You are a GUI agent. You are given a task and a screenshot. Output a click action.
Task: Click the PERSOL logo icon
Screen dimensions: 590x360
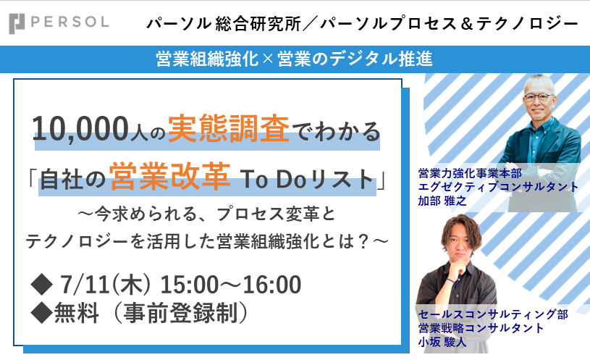tap(17, 23)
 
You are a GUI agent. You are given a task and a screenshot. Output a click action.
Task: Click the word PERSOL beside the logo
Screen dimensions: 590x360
tap(69, 22)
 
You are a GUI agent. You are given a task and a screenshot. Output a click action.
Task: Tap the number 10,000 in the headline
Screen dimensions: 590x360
tap(80, 129)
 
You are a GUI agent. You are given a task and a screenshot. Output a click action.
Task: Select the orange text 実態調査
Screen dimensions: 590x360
tap(229, 128)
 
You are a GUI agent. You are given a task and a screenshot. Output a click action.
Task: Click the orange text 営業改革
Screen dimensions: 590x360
tap(169, 175)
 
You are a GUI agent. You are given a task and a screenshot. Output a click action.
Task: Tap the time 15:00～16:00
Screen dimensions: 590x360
tap(231, 285)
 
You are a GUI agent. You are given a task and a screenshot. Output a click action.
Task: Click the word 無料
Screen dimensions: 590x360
tap(77, 314)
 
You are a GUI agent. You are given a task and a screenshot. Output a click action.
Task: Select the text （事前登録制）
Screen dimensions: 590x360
tap(180, 314)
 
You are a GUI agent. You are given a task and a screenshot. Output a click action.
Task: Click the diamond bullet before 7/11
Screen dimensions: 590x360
tap(42, 285)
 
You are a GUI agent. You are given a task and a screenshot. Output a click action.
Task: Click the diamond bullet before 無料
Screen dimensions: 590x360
tap(42, 314)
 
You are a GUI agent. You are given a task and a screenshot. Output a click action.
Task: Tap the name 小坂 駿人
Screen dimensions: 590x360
tap(442, 342)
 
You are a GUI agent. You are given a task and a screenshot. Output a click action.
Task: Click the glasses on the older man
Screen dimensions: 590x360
tap(539, 97)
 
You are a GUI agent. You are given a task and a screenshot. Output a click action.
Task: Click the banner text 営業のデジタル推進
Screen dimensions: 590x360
tap(355, 59)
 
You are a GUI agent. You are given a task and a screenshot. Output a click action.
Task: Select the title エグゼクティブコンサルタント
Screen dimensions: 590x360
tap(498, 187)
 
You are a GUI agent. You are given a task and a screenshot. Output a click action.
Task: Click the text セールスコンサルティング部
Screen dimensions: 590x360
tap(493, 314)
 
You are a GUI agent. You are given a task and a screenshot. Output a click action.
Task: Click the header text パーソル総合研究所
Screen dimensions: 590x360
tap(224, 24)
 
